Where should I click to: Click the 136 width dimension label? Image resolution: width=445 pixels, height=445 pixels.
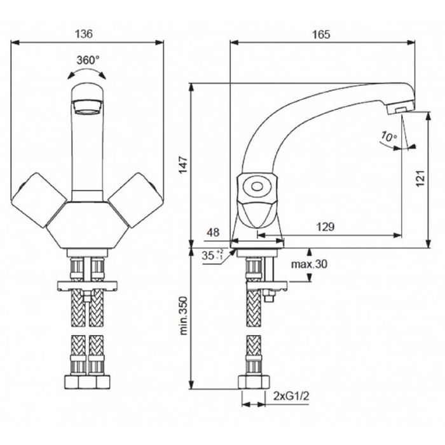[x=87, y=33]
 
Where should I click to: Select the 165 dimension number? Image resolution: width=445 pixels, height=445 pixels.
[x=322, y=34]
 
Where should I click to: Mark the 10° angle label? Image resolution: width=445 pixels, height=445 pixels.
[x=388, y=136]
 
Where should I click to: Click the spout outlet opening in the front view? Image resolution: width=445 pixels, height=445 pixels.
[x=87, y=109]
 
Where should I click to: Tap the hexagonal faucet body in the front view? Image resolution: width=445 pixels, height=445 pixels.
[x=87, y=226]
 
